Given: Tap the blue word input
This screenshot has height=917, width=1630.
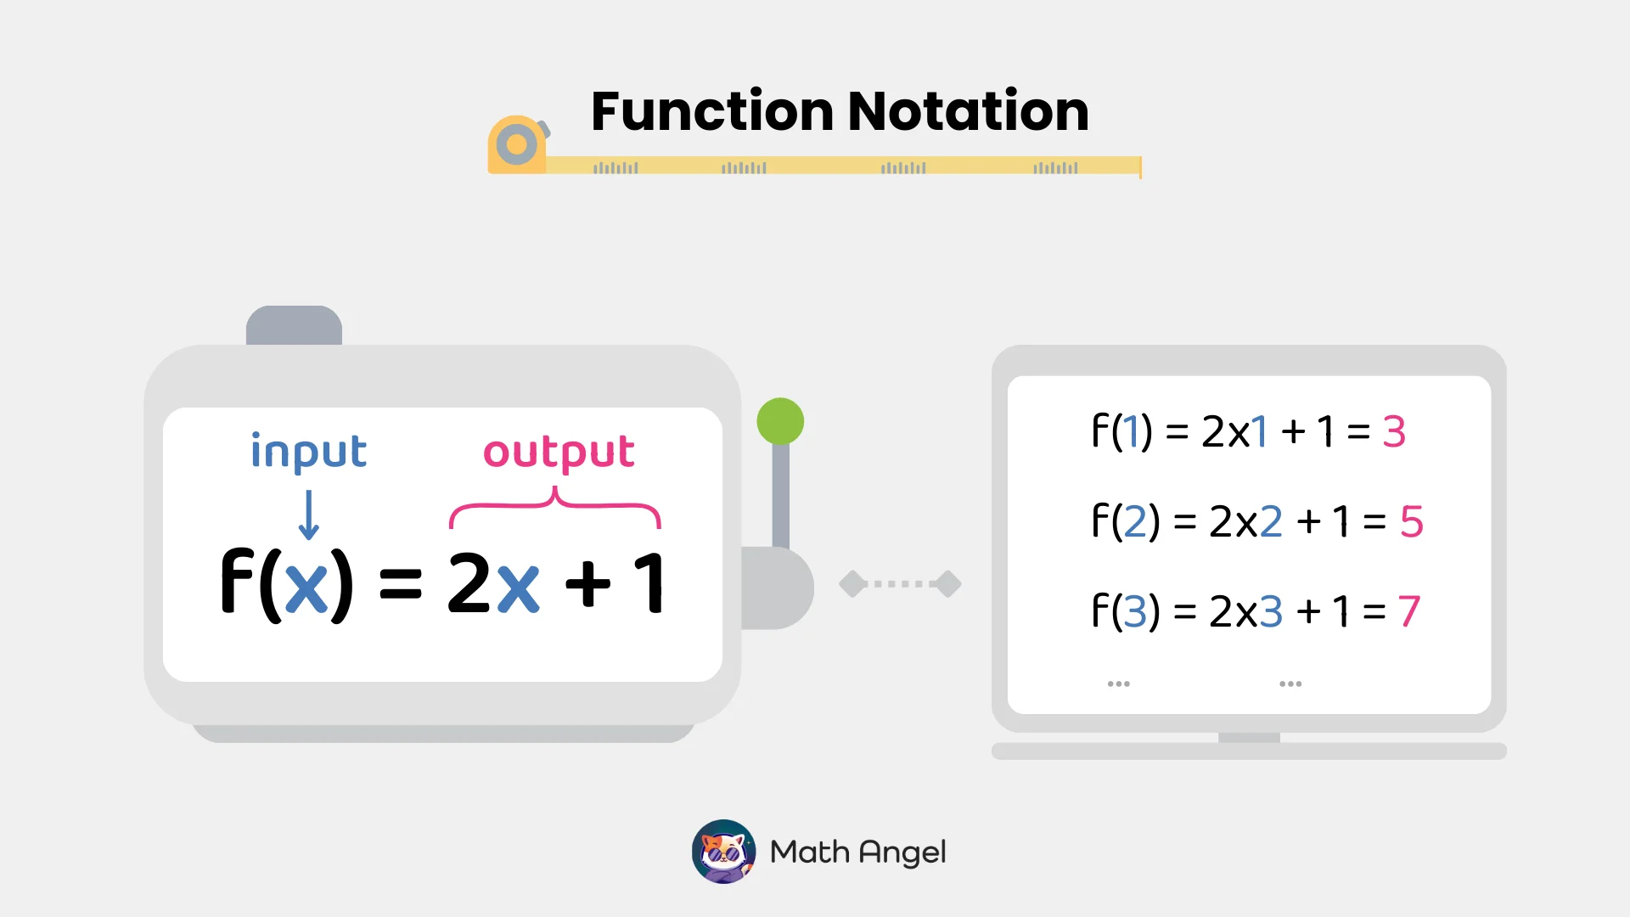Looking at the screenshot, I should tap(308, 452).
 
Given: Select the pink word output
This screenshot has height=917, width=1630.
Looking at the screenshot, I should tap(559, 452).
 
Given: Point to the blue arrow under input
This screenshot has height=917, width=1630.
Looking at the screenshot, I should tap(309, 515).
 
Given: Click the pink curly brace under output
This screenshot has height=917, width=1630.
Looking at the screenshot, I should tap(554, 507).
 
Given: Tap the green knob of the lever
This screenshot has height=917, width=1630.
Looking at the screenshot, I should tap(780, 421).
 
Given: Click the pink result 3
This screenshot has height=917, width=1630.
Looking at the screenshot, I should tap(1394, 431).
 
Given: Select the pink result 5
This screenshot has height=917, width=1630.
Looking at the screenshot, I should tap(1411, 521).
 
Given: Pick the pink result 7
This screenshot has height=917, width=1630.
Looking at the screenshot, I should tap(1409, 611).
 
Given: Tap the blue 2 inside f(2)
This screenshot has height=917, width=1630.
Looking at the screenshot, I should tap(1135, 521).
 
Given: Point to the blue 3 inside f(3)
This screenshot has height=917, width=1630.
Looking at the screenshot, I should tap(1135, 611).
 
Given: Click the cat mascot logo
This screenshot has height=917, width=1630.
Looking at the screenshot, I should tap(723, 852).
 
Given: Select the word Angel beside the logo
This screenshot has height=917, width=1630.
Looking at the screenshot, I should tap(902, 852).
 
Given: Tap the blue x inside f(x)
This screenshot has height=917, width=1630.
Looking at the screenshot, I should tap(306, 586).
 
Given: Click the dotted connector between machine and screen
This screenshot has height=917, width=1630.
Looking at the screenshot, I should tap(900, 584).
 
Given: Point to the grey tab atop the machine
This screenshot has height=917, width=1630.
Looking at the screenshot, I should tap(294, 325).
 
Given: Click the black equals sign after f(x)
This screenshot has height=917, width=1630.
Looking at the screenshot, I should tap(400, 584).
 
